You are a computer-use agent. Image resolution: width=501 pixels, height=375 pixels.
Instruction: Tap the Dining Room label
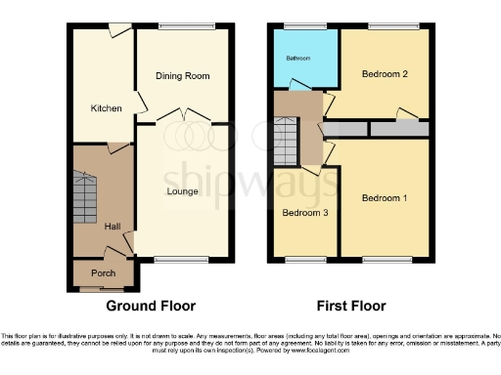click(184, 75)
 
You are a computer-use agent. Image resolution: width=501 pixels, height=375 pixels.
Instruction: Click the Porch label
click(102, 273)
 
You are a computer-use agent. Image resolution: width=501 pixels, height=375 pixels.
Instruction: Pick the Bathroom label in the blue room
click(297, 59)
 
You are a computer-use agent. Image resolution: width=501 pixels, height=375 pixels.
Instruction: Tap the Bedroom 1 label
click(385, 198)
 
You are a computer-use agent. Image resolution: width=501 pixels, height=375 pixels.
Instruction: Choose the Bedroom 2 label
click(385, 75)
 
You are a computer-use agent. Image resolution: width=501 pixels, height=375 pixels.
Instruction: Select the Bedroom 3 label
click(305, 213)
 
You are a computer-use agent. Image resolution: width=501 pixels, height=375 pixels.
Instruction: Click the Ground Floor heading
click(151, 306)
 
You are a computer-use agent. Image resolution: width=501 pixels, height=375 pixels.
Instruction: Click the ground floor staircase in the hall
click(86, 194)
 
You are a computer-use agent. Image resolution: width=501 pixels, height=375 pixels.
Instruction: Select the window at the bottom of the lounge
click(174, 259)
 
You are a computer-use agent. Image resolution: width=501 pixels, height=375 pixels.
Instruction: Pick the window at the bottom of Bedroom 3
click(305, 259)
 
